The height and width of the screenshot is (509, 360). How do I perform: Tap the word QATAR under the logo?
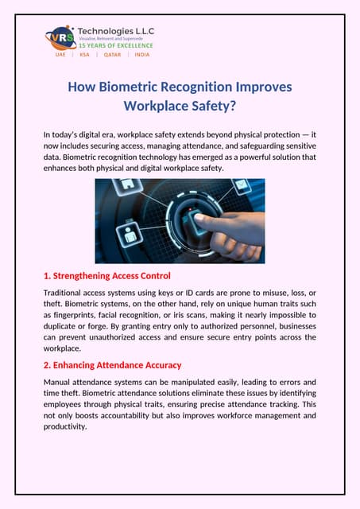112,56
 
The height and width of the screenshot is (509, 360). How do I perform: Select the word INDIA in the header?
141,56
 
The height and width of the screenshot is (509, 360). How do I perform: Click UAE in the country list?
60,56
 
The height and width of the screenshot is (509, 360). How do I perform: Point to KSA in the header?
84,56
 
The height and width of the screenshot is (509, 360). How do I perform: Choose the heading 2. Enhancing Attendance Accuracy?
112,365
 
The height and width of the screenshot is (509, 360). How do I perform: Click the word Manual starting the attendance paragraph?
60,382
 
